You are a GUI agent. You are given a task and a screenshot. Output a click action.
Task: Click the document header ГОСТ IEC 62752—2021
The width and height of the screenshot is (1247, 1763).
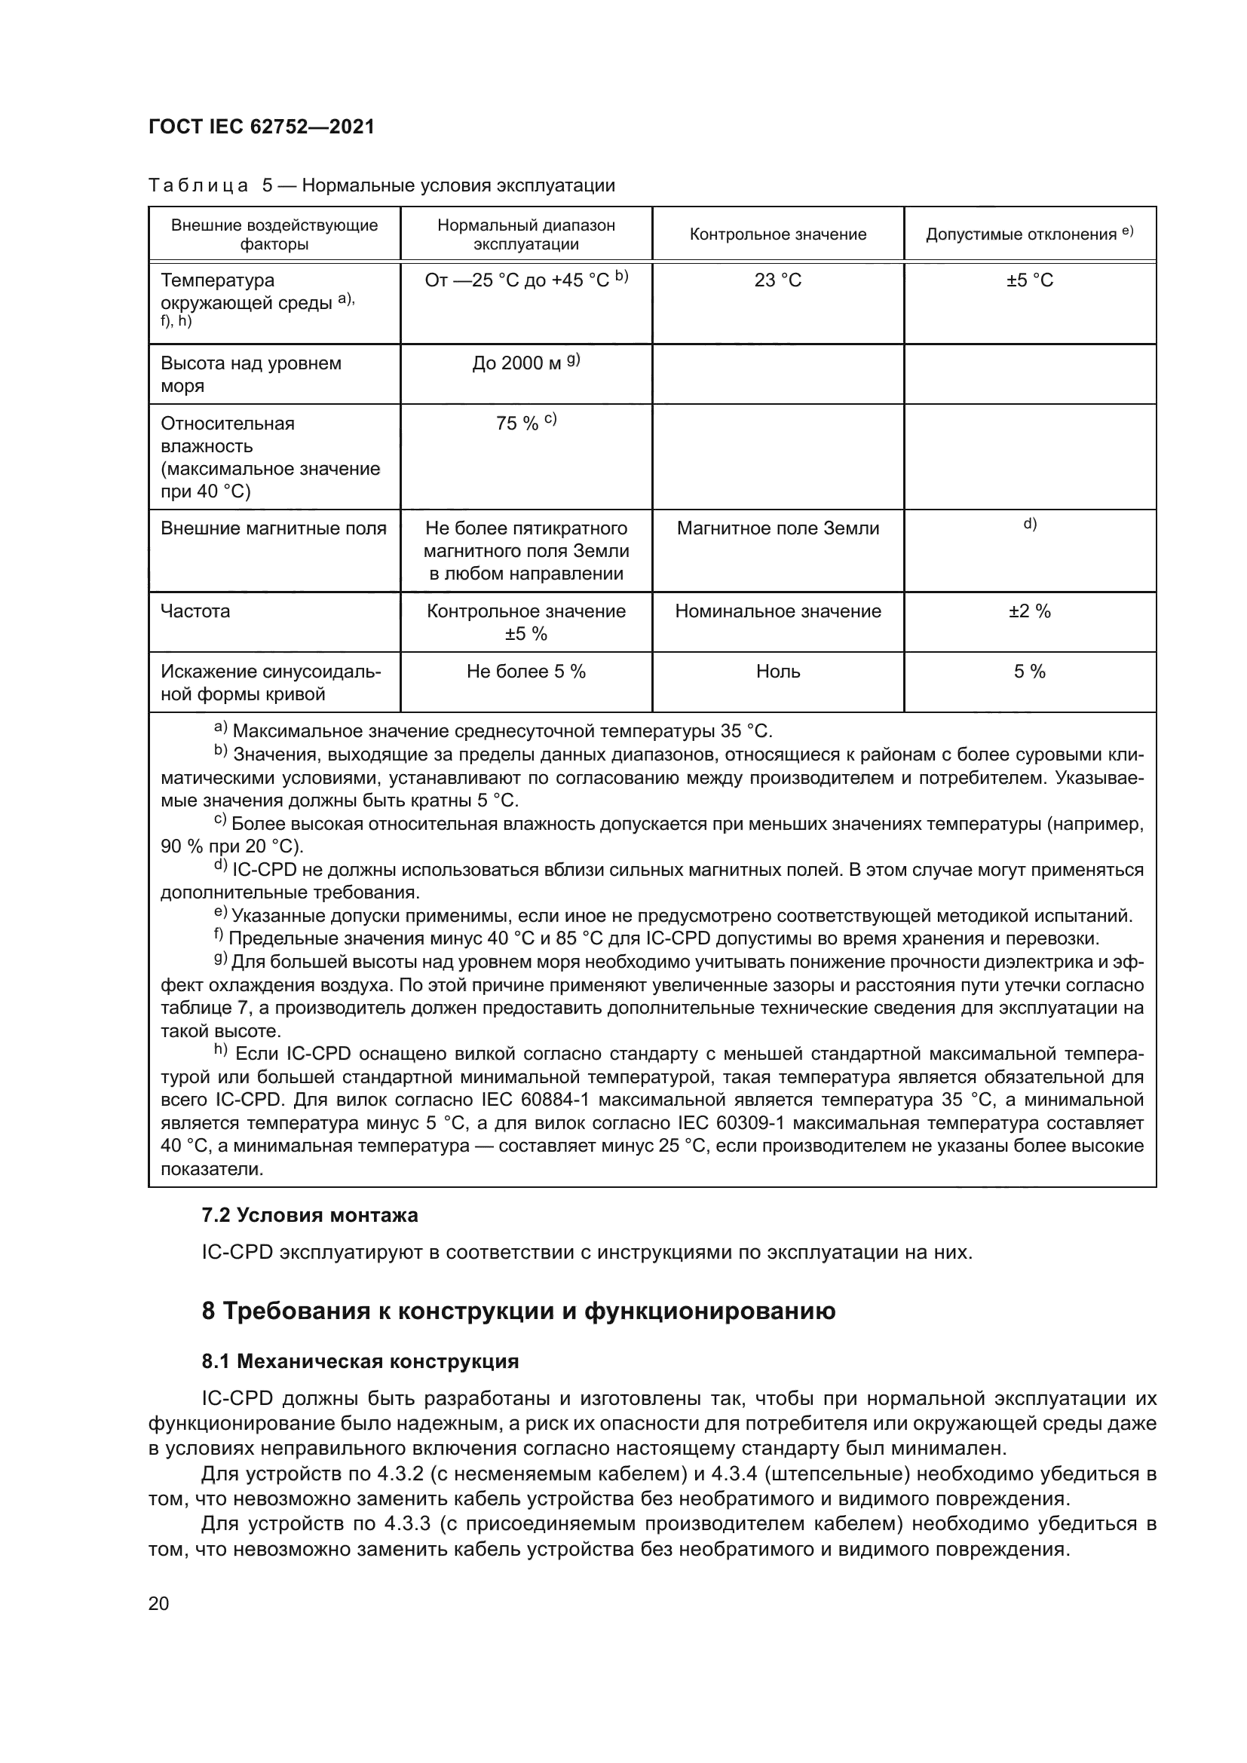[261, 127]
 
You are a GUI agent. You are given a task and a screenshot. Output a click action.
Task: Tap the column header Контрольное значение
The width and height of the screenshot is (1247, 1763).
[777, 234]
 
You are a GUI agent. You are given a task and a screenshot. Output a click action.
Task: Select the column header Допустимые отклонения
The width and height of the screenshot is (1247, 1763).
[1029, 234]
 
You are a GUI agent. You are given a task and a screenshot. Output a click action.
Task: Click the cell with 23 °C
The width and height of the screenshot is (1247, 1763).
[777, 280]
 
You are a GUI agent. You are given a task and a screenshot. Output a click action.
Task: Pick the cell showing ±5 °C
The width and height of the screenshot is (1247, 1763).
[1030, 280]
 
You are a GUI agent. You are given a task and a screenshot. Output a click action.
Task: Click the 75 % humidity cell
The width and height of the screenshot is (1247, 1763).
[526, 423]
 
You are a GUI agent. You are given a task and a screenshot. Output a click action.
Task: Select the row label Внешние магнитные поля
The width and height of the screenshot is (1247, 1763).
[274, 528]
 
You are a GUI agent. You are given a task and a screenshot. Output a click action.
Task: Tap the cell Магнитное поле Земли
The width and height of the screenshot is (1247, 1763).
[777, 528]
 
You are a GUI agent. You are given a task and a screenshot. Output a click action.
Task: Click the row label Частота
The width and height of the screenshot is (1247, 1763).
[195, 611]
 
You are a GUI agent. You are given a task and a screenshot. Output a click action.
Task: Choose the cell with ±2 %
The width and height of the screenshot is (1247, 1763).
[1030, 611]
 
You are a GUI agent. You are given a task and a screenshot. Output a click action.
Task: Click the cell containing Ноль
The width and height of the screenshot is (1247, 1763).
[777, 672]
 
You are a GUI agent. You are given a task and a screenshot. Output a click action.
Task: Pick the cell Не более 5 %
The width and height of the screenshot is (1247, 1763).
[526, 672]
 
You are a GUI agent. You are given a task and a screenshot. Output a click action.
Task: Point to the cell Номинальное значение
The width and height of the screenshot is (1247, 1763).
[777, 611]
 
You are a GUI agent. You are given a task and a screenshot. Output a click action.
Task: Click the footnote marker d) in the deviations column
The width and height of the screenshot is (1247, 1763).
[1030, 525]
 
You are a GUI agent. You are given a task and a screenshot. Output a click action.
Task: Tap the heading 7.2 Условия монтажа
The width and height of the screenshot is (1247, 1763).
[309, 1216]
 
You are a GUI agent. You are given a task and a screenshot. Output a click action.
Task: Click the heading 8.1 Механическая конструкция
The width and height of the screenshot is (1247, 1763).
[360, 1361]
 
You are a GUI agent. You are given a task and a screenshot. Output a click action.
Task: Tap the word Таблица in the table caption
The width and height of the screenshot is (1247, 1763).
[198, 186]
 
